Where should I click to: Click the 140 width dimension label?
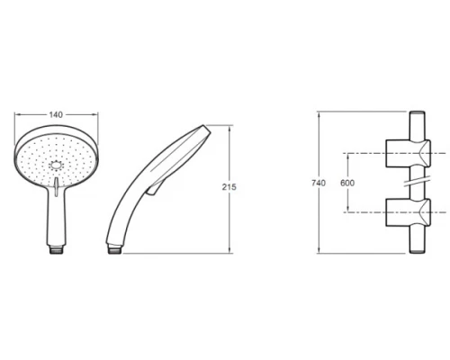click(56, 114)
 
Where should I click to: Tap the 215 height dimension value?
click(229, 187)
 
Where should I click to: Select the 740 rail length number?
click(319, 183)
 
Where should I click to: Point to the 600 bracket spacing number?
click(347, 183)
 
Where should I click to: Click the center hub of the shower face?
click(56, 166)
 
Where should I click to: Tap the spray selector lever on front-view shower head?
click(56, 186)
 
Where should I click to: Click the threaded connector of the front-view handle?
click(56, 249)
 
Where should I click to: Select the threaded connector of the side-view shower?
click(114, 249)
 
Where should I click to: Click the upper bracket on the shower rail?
click(409, 153)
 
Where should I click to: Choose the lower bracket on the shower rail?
click(409, 212)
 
